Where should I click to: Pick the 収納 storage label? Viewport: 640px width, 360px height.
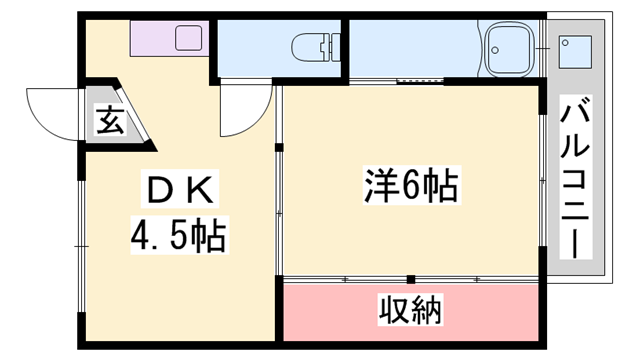(x=410, y=311)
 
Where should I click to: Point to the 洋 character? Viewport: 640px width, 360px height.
(x=377, y=187)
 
